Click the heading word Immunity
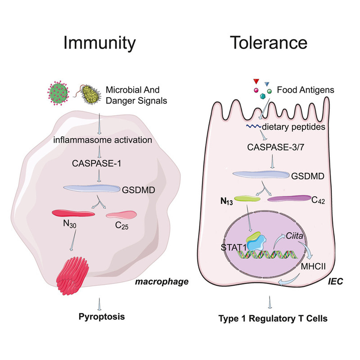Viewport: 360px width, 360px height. [x=99, y=43]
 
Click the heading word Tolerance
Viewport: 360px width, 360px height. [x=269, y=42]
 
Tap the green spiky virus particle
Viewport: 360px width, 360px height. [x=58, y=93]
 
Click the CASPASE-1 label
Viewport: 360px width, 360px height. [x=96, y=163]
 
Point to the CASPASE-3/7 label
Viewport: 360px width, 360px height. [x=275, y=147]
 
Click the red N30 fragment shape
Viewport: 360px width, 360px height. [x=73, y=213]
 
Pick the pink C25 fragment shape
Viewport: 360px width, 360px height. [x=121, y=215]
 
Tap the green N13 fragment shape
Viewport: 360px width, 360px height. [x=247, y=198]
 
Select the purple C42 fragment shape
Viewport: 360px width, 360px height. [x=289, y=198]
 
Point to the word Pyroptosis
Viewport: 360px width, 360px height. [x=102, y=317]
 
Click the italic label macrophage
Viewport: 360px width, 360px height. [x=162, y=282]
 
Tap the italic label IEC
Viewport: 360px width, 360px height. [x=335, y=281]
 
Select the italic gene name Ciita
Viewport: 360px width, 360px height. [x=294, y=236]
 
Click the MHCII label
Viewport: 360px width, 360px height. [x=313, y=266]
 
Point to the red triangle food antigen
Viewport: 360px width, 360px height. [x=256, y=81]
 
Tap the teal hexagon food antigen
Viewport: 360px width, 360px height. [x=263, y=96]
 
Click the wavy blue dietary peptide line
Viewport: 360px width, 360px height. [x=254, y=126]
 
